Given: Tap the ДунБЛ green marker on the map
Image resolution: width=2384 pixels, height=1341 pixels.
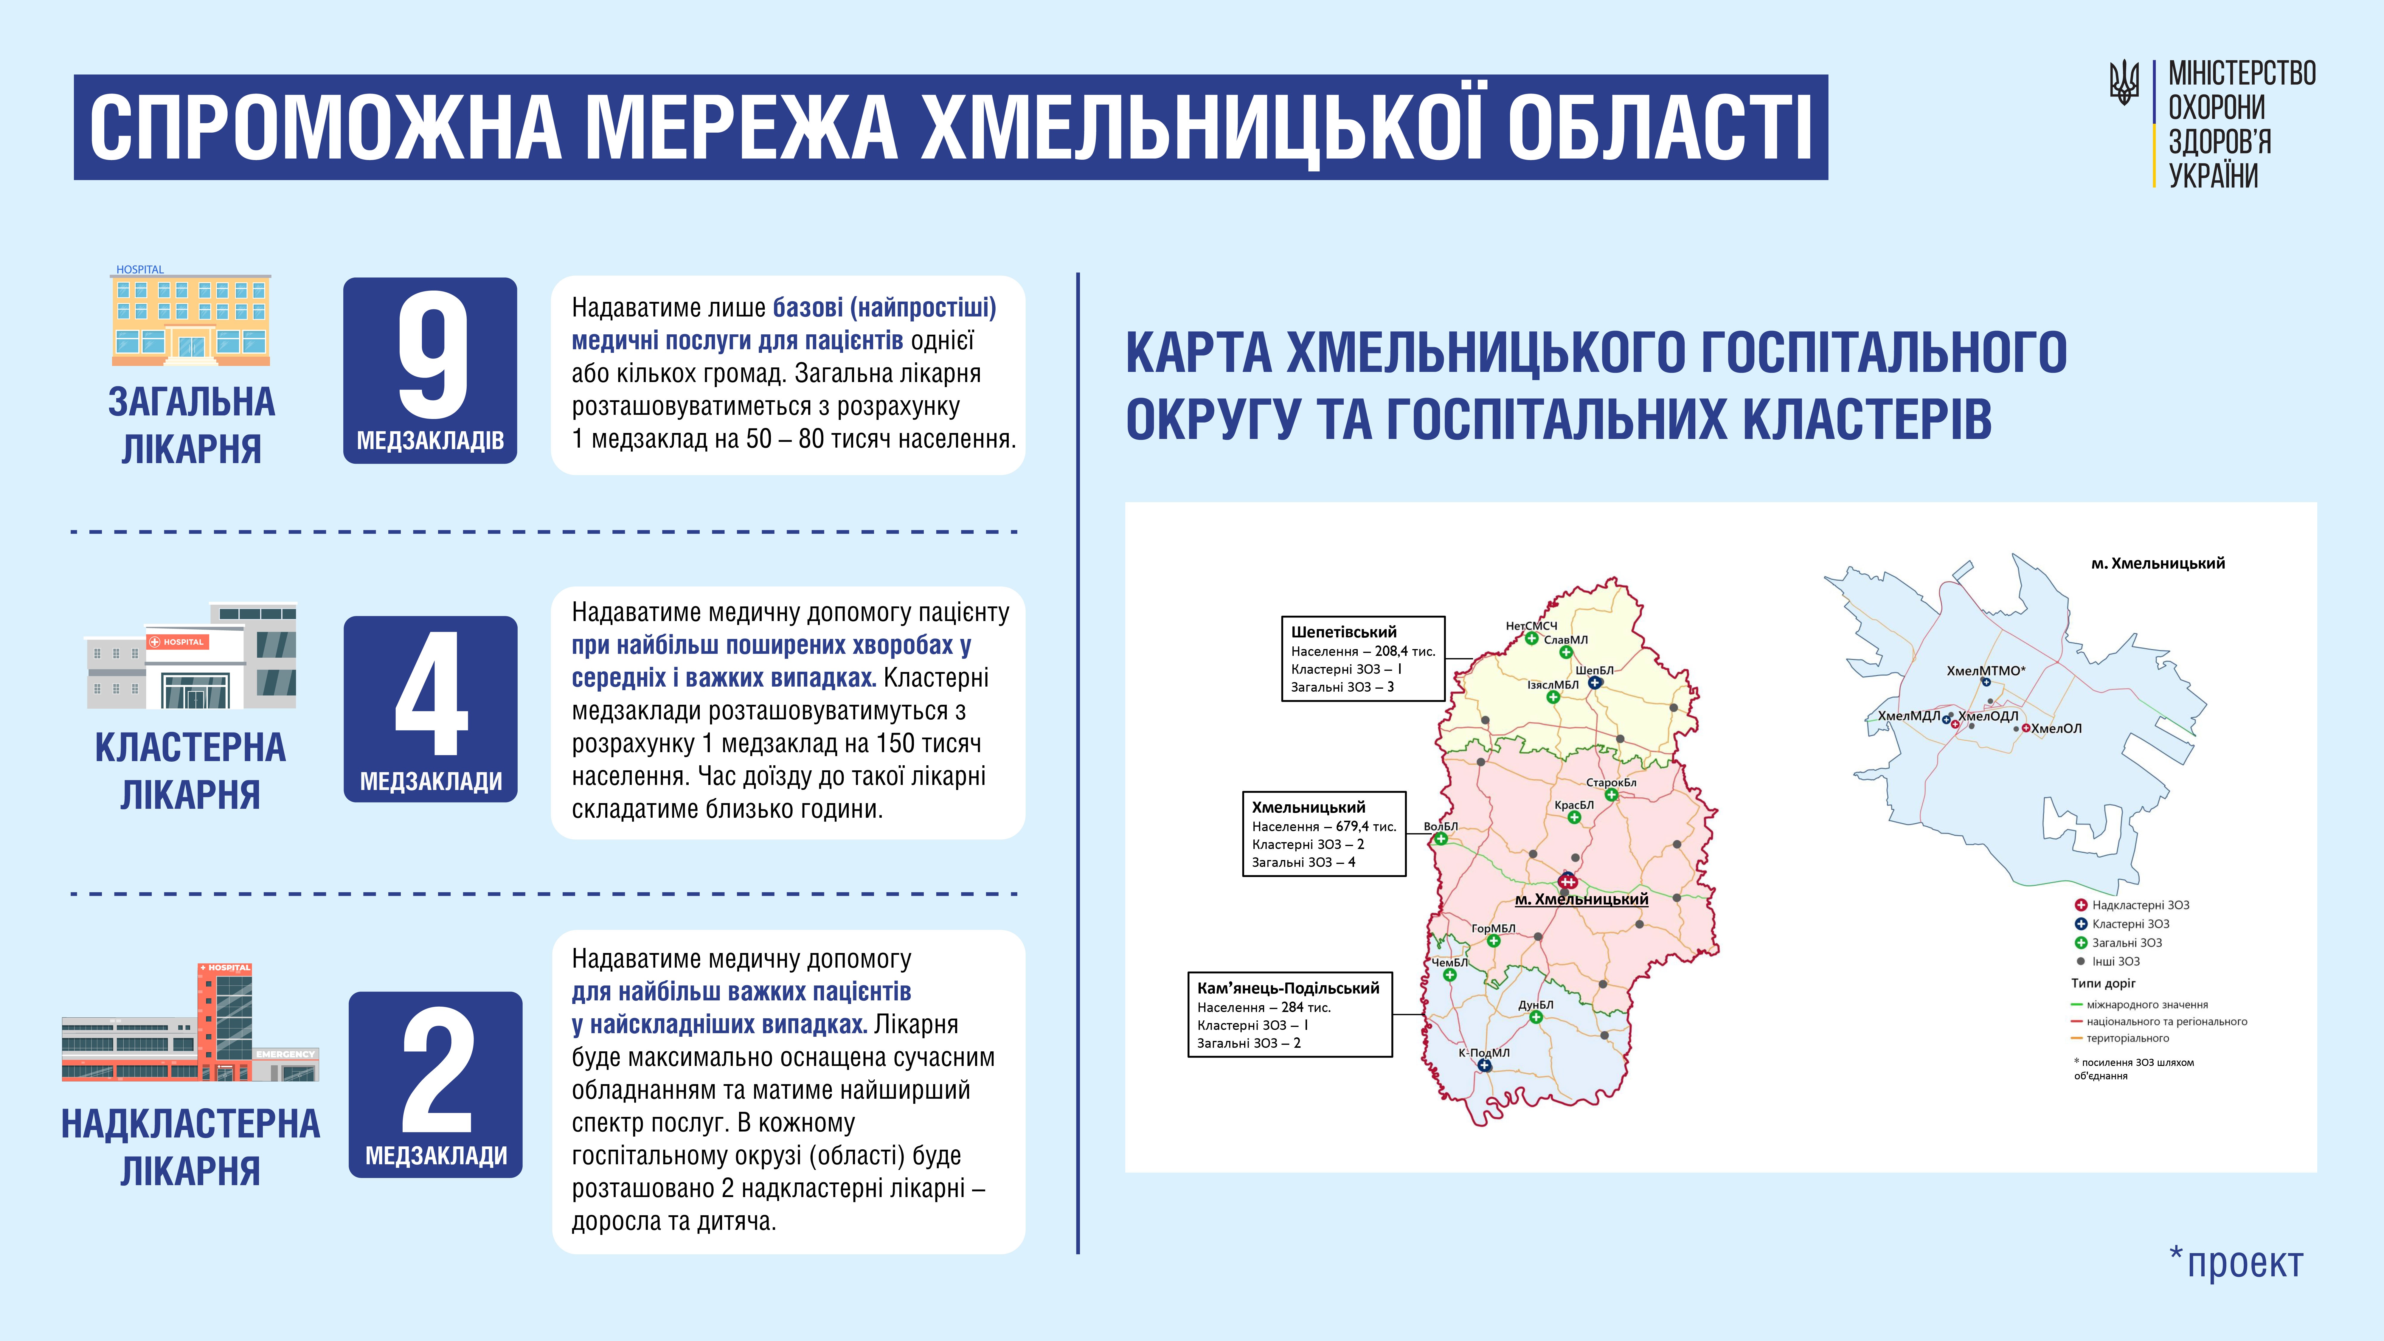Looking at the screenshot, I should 1535,1017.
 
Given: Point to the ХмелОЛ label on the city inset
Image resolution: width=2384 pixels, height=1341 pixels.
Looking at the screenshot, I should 2056,728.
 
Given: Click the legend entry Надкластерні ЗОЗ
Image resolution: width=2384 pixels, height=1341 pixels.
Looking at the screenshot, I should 2140,905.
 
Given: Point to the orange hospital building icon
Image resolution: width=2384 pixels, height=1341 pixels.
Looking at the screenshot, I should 192,319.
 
